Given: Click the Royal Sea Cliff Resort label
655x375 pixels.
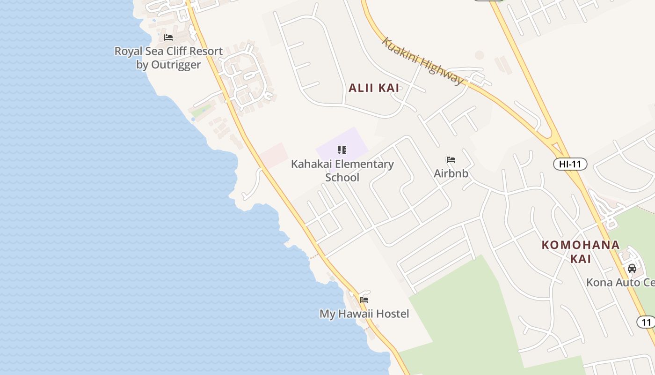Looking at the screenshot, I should (x=168, y=57).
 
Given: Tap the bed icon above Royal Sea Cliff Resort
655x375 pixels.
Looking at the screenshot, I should (x=168, y=37).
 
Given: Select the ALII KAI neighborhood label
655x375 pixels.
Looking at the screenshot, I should (x=373, y=88).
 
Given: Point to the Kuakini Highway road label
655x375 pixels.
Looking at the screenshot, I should (x=422, y=61).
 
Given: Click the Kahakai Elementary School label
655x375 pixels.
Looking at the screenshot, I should (x=342, y=171).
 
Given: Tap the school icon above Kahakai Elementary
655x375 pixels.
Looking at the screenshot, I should (x=342, y=150).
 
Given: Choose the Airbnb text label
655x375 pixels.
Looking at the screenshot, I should (x=451, y=173).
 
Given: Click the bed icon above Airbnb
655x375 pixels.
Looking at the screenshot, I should (x=451, y=160).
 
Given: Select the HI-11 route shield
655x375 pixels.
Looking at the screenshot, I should (x=570, y=164).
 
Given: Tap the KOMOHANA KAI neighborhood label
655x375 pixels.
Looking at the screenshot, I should (x=581, y=251).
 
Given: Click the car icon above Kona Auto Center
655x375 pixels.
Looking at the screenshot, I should (x=632, y=269).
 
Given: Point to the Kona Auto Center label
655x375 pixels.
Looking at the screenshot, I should (x=620, y=283).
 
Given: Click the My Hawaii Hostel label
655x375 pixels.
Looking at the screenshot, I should (x=364, y=314).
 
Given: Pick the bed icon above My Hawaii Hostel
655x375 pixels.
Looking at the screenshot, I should (x=364, y=300).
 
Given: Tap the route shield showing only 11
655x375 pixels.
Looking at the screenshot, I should (x=646, y=322).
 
